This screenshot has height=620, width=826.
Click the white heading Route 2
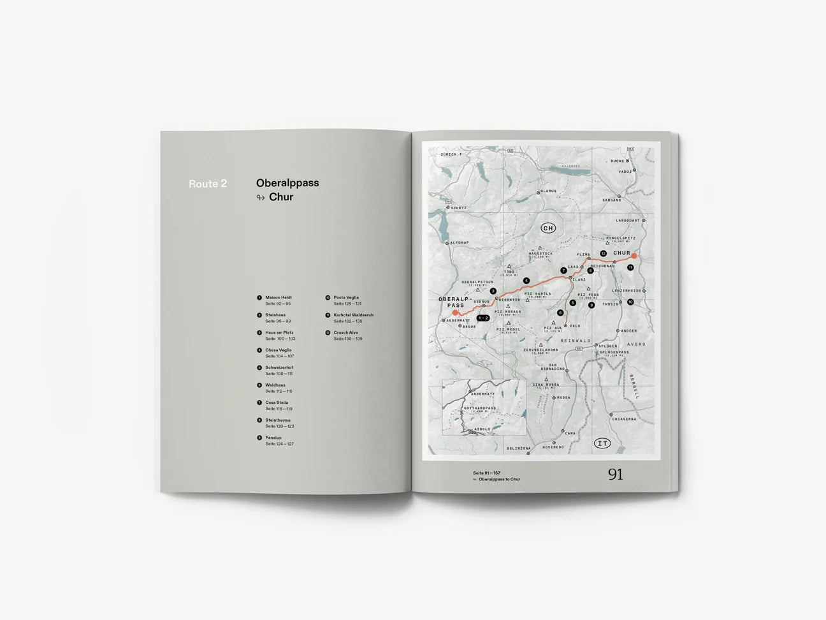click(x=208, y=184)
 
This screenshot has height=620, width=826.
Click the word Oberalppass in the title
click(x=287, y=182)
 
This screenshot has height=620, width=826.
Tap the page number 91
click(x=615, y=474)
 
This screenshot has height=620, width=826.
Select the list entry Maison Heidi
click(x=279, y=297)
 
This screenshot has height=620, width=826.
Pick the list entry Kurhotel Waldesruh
click(x=353, y=314)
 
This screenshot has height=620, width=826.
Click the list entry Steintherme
click(x=278, y=420)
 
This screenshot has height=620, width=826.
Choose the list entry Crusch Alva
click(x=345, y=332)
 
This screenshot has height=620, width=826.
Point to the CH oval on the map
click(x=548, y=228)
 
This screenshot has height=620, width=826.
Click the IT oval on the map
click(x=602, y=443)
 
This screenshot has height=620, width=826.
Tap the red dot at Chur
click(x=634, y=256)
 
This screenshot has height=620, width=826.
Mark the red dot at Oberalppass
click(x=455, y=313)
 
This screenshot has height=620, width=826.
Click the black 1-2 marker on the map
click(x=482, y=318)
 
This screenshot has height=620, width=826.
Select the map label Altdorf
click(x=459, y=243)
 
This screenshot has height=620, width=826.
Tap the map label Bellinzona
click(x=519, y=448)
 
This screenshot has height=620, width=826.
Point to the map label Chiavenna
click(x=624, y=419)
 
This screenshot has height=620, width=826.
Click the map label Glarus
click(x=547, y=191)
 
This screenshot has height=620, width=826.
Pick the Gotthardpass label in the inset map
click(x=480, y=408)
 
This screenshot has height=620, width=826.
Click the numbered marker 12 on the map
click(x=603, y=253)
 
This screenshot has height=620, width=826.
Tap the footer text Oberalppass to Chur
click(x=499, y=479)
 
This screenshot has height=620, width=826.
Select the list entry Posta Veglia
click(x=346, y=297)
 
